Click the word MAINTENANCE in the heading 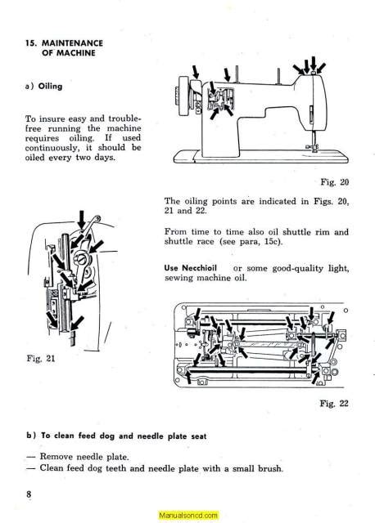(72, 43)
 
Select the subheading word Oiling (50, 86)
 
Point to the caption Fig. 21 (40, 359)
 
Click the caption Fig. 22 (334, 403)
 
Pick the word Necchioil (200, 268)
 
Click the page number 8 (29, 494)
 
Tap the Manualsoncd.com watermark (188, 516)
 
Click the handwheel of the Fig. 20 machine (184, 96)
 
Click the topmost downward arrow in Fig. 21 (81, 220)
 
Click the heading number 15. (31, 43)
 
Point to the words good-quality (298, 269)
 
